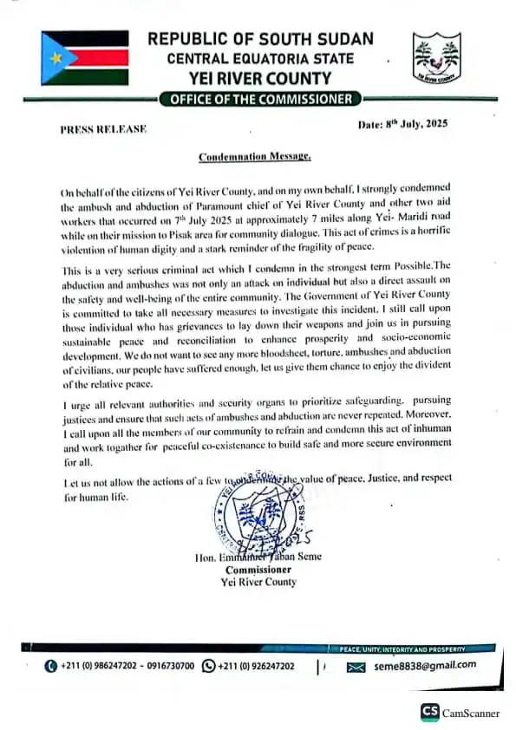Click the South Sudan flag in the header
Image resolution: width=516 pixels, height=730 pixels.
(x=85, y=58)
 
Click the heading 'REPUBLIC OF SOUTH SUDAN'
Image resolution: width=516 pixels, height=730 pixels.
(x=260, y=39)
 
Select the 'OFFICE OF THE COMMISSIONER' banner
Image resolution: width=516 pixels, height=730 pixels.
(x=261, y=99)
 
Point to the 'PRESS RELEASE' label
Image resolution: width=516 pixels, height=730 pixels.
(x=103, y=129)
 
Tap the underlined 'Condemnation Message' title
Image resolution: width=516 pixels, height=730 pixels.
(x=253, y=157)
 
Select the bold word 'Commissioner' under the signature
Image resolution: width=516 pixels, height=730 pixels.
(x=258, y=570)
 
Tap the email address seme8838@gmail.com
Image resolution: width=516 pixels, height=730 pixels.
(x=425, y=665)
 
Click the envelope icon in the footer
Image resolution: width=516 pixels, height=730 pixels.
(x=355, y=667)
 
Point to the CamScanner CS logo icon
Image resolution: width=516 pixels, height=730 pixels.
(x=430, y=712)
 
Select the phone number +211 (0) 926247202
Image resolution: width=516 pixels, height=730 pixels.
(x=256, y=666)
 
